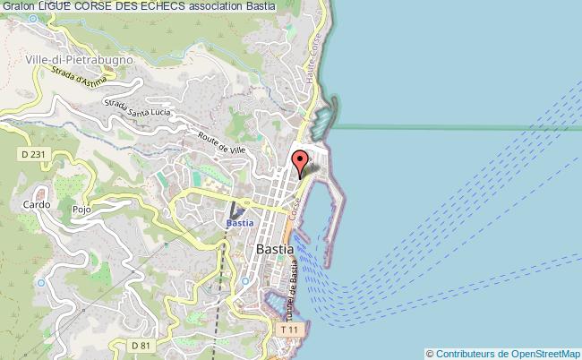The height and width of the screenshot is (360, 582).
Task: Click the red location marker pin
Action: tap(301, 163)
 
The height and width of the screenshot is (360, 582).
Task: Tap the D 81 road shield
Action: tap(140, 345)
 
